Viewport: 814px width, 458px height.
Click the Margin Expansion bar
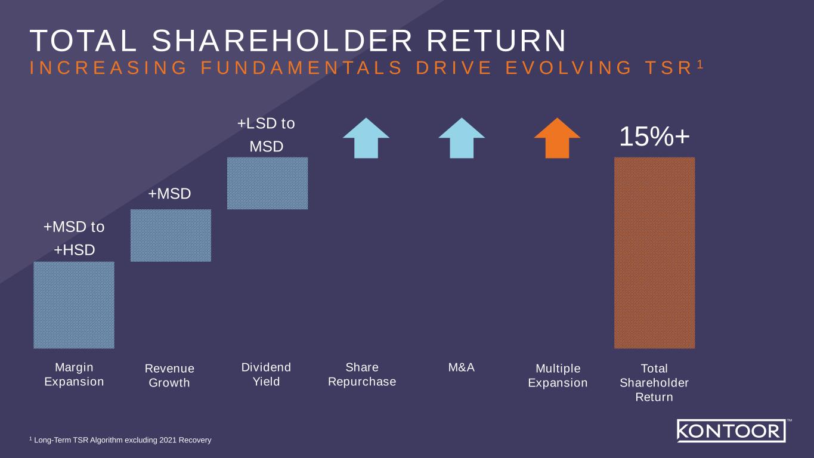point(74,305)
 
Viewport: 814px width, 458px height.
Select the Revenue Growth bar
point(171,236)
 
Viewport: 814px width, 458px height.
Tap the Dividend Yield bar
point(267,183)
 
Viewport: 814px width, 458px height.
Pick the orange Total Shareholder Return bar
point(654,252)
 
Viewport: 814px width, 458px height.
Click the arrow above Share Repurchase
point(366,138)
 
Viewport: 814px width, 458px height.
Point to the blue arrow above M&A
point(462,138)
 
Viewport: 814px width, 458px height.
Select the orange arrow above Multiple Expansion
point(557,138)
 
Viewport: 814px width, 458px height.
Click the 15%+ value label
point(654,137)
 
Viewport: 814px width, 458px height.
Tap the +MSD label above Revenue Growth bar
point(169,194)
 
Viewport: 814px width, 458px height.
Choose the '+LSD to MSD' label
point(266,135)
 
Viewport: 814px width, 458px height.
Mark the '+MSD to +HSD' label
point(74,239)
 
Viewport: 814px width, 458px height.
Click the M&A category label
point(462,368)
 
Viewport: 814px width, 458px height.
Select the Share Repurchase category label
point(362,375)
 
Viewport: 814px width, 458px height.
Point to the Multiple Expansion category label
point(558,376)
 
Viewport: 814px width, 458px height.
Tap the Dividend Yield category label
point(266,375)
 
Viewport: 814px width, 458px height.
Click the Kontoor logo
point(731,431)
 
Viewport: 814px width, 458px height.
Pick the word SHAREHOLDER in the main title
point(281,41)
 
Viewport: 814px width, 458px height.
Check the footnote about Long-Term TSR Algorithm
point(120,440)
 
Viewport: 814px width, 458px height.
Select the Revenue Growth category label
point(169,376)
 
